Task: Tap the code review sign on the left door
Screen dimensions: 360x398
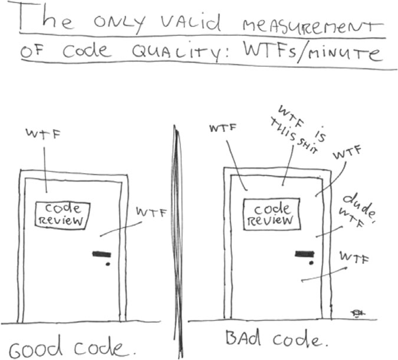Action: click(63, 214)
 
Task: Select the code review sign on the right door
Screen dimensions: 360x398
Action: click(272, 214)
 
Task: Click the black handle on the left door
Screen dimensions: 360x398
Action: click(101, 255)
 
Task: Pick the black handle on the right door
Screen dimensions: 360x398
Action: click(304, 254)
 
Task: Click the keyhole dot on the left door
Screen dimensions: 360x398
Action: click(107, 265)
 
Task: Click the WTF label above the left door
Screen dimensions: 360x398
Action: click(44, 136)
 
